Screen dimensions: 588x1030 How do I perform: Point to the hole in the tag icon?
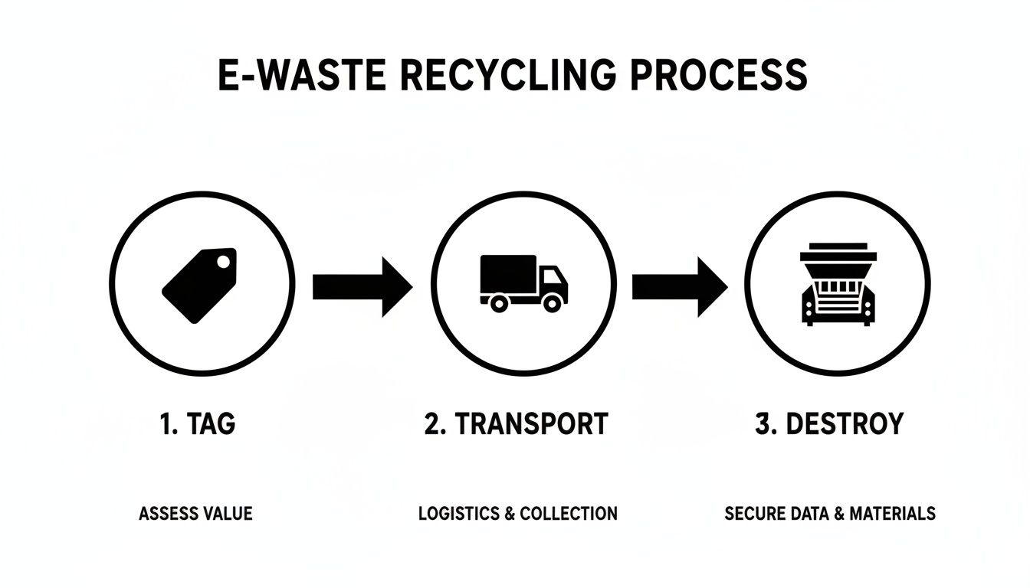223,263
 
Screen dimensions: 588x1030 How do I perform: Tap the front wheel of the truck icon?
550,303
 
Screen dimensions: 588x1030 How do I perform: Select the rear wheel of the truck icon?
498,303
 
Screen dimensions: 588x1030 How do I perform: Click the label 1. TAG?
198,424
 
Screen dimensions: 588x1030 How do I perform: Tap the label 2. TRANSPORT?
516,424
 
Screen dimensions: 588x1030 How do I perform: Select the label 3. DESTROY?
828,424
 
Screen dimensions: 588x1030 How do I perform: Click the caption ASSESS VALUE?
195,514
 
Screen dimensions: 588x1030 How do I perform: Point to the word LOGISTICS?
458,514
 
